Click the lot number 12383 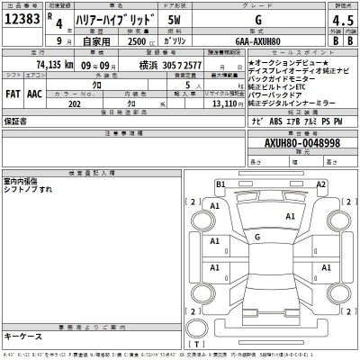(x=22, y=19)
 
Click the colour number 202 (x=75, y=102)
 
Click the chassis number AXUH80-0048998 (x=301, y=142)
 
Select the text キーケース (x=22, y=337)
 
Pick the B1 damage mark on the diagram (x=220, y=184)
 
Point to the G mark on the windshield (x=258, y=238)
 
